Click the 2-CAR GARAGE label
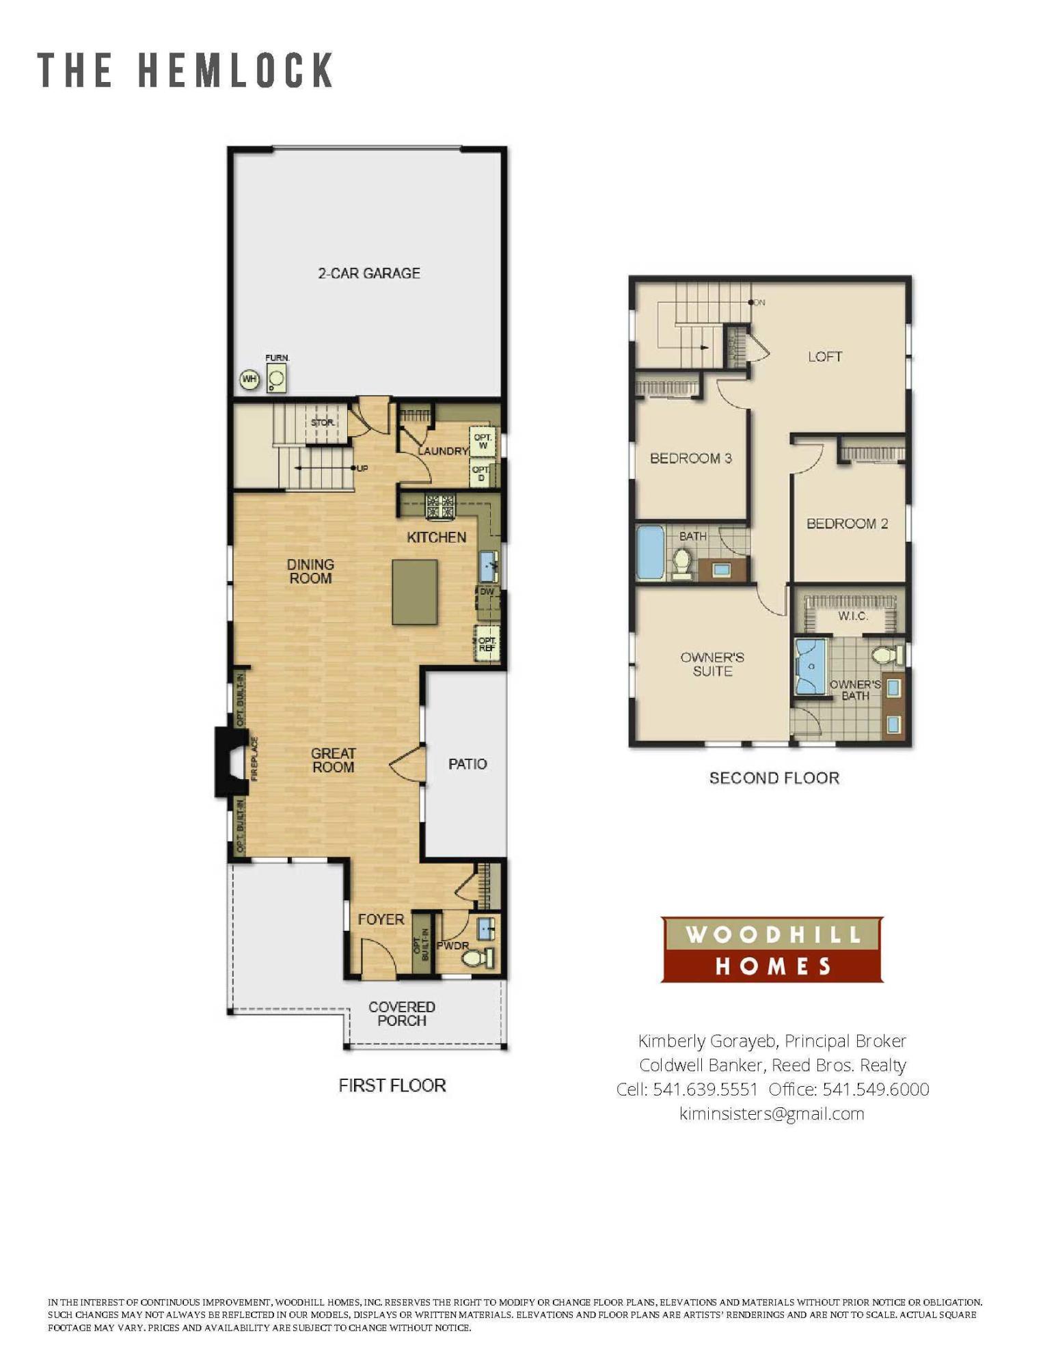(369, 273)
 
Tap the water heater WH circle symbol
(249, 379)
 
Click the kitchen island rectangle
(414, 592)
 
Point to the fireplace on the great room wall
(231, 761)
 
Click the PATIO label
(468, 763)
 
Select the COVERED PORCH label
(402, 1014)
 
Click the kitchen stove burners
(440, 507)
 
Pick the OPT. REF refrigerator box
(487, 643)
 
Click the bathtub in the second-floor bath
(651, 552)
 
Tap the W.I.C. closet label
(852, 616)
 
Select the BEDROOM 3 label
(690, 458)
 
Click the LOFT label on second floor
(824, 356)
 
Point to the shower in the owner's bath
(811, 666)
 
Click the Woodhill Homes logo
(772, 949)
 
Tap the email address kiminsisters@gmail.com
(772, 1113)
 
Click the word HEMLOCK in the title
(236, 70)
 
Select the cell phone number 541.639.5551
(705, 1089)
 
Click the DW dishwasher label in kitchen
(487, 591)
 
